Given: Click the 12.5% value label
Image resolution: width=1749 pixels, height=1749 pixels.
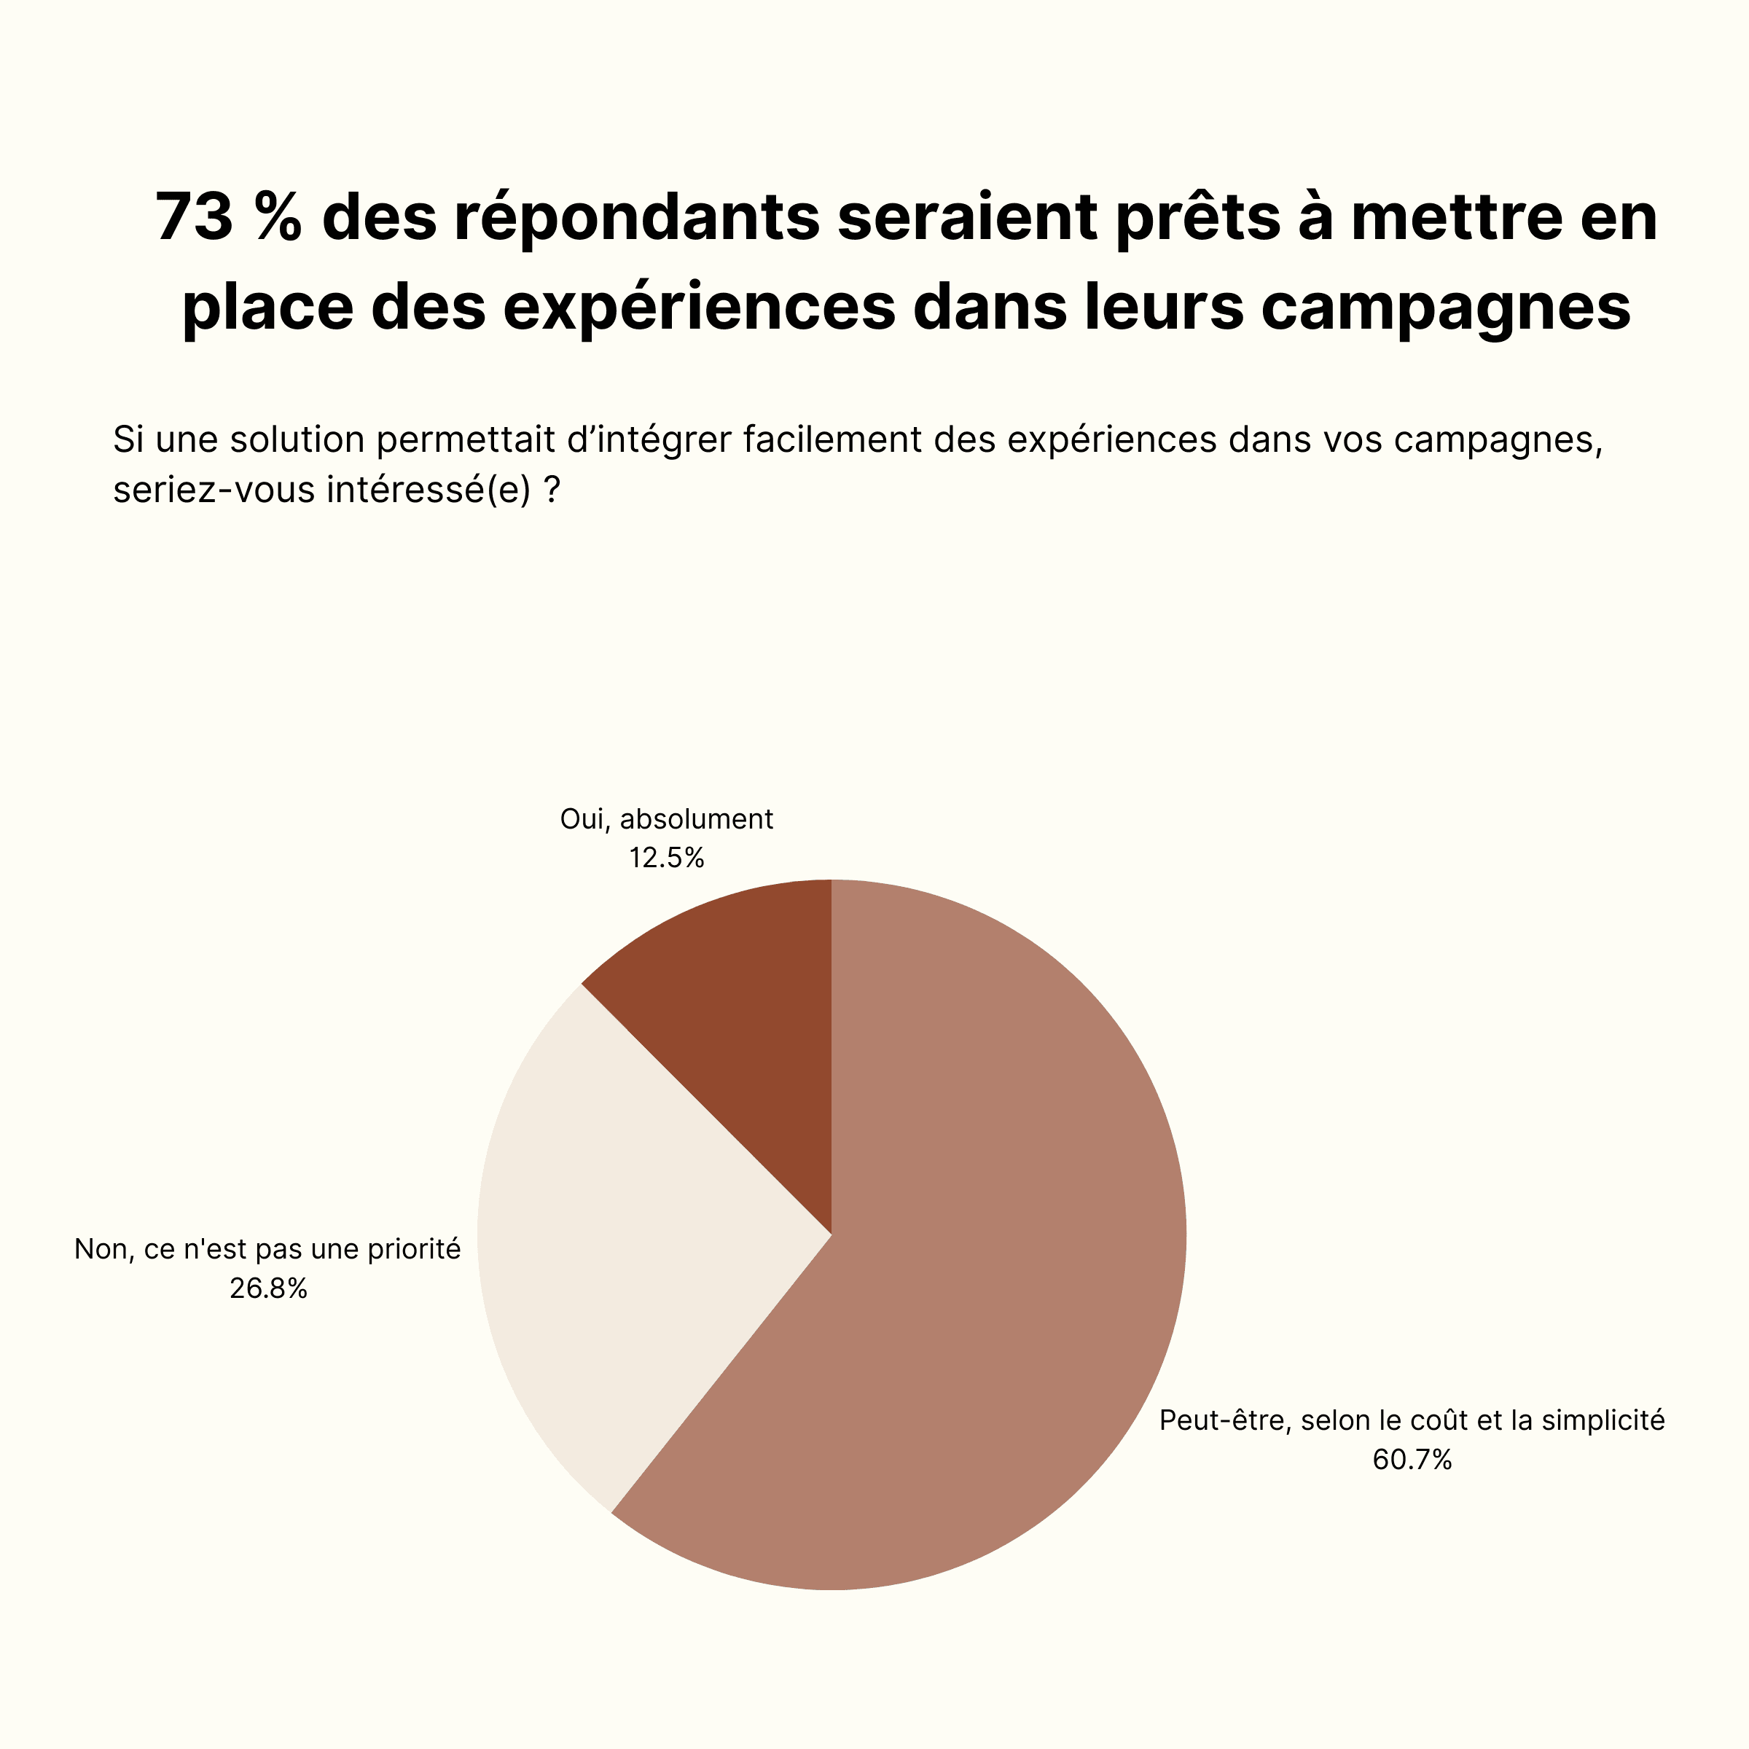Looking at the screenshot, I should tap(666, 857).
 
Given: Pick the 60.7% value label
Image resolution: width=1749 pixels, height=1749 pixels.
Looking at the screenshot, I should tap(1412, 1459).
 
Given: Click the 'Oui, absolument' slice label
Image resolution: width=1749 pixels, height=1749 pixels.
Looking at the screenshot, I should tap(666, 819).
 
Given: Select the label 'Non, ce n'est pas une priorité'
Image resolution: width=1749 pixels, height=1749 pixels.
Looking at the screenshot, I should tap(268, 1249).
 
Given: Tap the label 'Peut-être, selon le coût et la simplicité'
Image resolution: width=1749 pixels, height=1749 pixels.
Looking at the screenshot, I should tap(1412, 1420).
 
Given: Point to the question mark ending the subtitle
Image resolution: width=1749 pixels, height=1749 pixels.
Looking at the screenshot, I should tap(552, 490).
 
